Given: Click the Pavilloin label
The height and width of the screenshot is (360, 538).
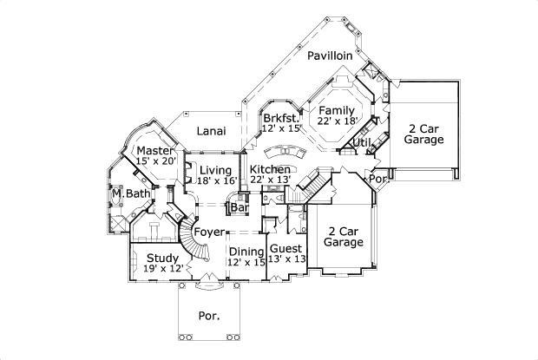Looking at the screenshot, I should pos(329,55).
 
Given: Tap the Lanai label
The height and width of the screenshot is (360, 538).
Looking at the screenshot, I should pos(211,131).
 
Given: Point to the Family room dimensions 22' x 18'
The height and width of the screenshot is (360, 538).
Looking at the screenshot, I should pos(338,123).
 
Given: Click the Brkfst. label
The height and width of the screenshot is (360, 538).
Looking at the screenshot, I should pos(281,118).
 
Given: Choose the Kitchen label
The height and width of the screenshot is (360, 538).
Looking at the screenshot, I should pos(270,168).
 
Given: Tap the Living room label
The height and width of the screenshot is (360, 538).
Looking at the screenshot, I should pos(215,169).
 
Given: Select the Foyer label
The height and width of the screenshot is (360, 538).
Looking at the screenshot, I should pos(209,232).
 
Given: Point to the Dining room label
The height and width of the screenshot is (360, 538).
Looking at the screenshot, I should pos(246,251).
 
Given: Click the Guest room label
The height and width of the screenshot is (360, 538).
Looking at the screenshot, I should pos(287,247).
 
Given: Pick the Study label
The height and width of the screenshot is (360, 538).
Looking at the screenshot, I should pos(162,258).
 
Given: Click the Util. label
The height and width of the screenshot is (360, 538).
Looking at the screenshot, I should pos(363,141).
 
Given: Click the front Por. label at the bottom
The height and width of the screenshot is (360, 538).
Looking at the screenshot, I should pos(208,315).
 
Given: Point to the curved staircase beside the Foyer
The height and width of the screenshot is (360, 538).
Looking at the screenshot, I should pos(192,240).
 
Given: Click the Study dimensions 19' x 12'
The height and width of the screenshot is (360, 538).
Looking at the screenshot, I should pos(162,269).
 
